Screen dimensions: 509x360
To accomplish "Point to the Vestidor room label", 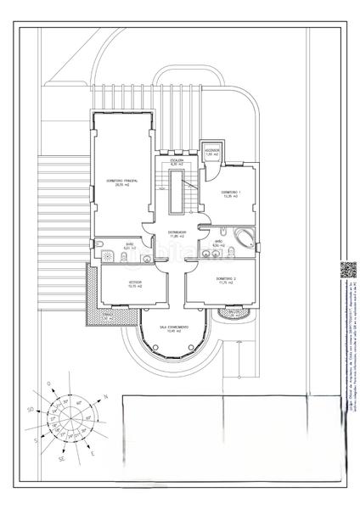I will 134,282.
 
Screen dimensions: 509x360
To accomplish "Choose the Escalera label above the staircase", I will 177,160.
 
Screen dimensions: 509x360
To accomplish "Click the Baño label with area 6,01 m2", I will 130,247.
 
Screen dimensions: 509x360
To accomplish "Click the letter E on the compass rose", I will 91,454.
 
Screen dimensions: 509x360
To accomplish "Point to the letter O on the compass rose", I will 49,384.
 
